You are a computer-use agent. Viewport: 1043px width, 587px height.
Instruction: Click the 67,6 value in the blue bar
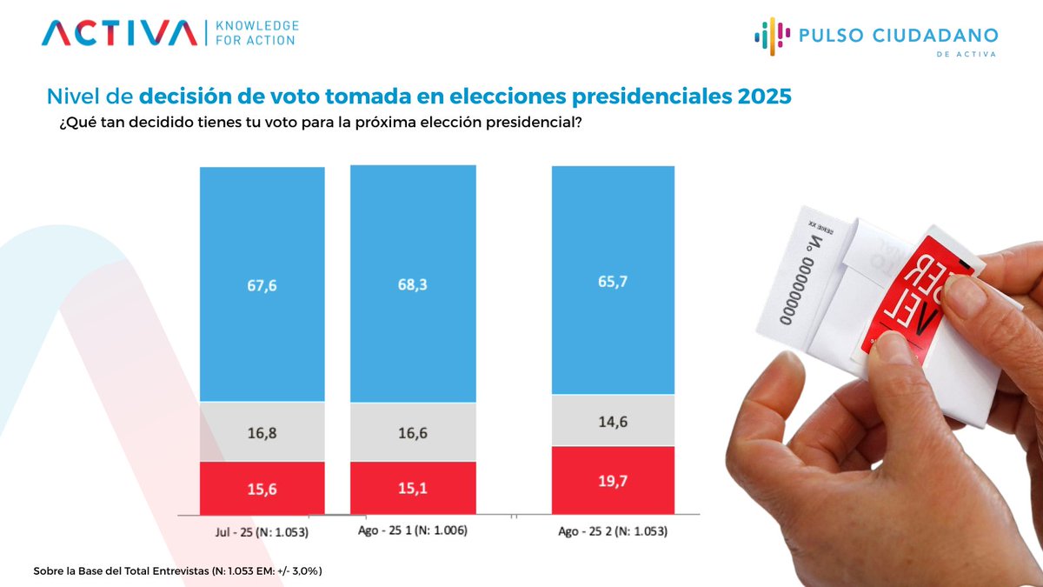click(262, 286)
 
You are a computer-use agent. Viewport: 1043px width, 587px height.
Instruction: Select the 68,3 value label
click(413, 286)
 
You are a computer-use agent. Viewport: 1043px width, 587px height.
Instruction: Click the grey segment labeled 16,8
click(262, 432)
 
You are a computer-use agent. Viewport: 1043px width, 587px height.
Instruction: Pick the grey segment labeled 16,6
click(413, 432)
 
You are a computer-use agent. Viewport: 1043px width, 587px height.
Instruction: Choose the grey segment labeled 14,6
click(613, 421)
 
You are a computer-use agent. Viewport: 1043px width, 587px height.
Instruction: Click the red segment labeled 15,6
click(262, 490)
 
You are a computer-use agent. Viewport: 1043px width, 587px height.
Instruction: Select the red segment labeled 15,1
click(413, 490)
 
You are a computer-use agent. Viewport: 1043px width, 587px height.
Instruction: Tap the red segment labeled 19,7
click(613, 481)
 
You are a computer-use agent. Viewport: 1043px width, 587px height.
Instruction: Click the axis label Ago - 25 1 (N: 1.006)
click(413, 530)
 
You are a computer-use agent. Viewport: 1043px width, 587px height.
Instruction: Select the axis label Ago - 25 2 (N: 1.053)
click(613, 530)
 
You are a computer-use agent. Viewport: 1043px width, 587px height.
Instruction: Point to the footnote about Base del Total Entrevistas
click(178, 570)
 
